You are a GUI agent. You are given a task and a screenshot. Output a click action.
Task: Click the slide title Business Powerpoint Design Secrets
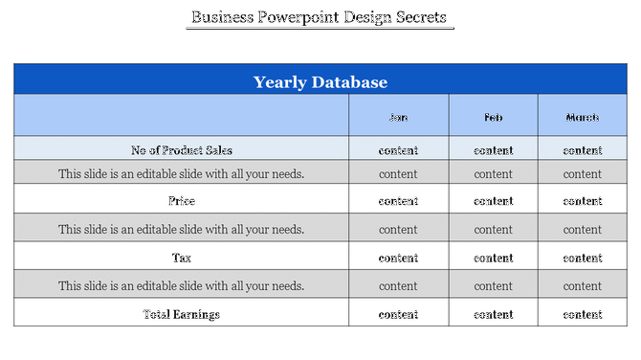point(319,17)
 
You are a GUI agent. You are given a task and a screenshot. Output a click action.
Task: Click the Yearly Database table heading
point(320,81)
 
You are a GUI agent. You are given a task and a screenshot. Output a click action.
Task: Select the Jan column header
point(398,118)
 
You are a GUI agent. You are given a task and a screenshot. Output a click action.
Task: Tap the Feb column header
point(493,118)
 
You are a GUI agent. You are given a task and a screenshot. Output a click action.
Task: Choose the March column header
point(582,118)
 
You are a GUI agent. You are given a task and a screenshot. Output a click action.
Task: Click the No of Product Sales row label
point(181,150)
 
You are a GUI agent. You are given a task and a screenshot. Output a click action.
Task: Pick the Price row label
point(181,201)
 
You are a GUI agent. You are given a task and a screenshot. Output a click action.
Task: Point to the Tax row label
point(181,258)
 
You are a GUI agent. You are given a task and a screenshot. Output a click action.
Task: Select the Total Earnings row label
point(181,314)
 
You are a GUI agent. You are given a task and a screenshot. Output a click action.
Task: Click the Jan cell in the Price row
point(398,201)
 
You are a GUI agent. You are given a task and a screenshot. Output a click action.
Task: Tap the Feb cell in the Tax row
point(493,258)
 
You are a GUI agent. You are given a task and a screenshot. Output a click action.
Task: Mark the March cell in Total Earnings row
point(582,314)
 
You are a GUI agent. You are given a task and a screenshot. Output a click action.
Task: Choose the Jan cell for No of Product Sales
point(398,150)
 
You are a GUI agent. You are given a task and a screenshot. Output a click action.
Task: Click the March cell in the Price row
point(582,201)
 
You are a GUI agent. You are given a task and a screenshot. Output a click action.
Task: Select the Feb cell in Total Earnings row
point(493,314)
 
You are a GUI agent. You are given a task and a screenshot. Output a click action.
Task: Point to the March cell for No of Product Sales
point(582,150)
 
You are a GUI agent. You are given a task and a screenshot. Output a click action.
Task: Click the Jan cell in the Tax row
point(398,258)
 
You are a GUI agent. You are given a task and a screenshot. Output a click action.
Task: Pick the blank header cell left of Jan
point(181,116)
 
